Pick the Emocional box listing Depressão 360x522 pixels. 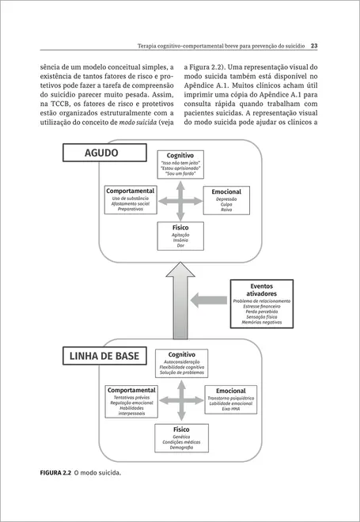point(226,201)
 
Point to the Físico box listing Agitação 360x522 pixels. point(180,236)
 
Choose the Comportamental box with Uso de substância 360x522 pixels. point(130,201)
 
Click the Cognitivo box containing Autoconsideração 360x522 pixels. point(182,364)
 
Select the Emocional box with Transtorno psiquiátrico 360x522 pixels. point(230,400)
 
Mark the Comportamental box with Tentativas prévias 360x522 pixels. point(131,401)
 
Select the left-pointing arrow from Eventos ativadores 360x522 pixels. point(210,300)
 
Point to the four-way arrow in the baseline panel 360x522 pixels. point(180,401)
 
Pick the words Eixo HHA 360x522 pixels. point(230,411)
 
